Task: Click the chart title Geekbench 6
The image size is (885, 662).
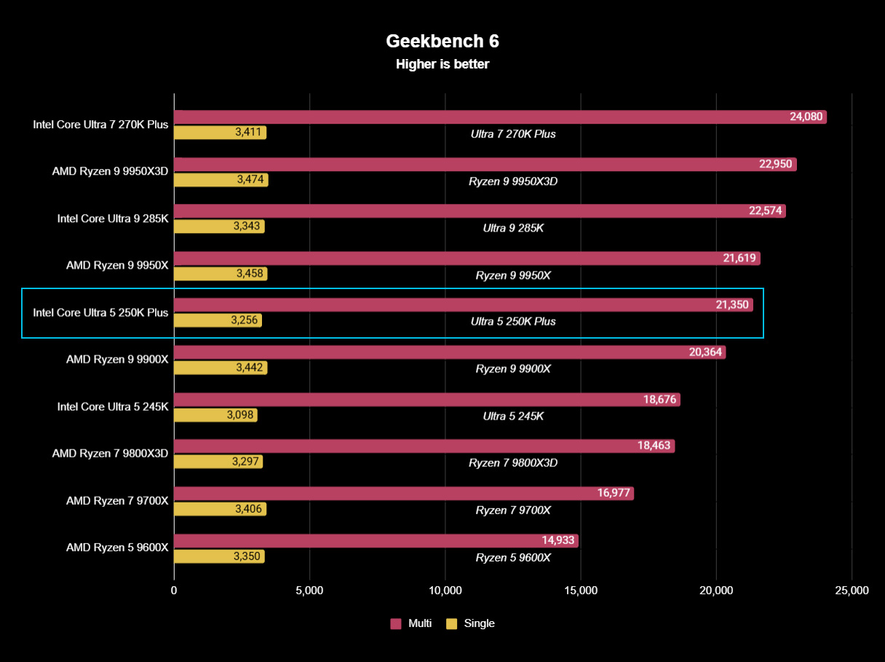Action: click(x=442, y=40)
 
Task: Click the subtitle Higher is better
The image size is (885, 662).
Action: click(x=442, y=64)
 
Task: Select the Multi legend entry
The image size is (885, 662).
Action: click(x=411, y=623)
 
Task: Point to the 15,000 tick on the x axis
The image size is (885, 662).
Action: click(x=581, y=591)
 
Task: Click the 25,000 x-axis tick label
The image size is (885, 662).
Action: click(x=852, y=591)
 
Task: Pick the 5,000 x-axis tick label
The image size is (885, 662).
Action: click(x=309, y=591)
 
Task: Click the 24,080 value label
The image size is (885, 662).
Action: click(x=805, y=117)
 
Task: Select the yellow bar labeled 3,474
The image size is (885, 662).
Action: click(x=221, y=180)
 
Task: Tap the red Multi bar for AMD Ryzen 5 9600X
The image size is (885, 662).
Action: click(x=376, y=540)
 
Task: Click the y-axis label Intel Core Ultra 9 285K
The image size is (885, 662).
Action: click(x=113, y=218)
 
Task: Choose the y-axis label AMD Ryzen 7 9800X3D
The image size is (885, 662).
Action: click(x=110, y=454)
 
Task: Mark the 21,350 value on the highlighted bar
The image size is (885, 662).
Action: click(x=731, y=305)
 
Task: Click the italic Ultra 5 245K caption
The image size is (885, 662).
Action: click(x=513, y=416)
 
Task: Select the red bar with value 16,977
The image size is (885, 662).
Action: click(x=403, y=494)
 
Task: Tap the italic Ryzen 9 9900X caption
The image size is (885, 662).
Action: click(x=513, y=369)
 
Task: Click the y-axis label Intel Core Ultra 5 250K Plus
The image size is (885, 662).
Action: click(x=100, y=313)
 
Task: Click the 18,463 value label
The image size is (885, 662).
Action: click(x=654, y=446)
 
